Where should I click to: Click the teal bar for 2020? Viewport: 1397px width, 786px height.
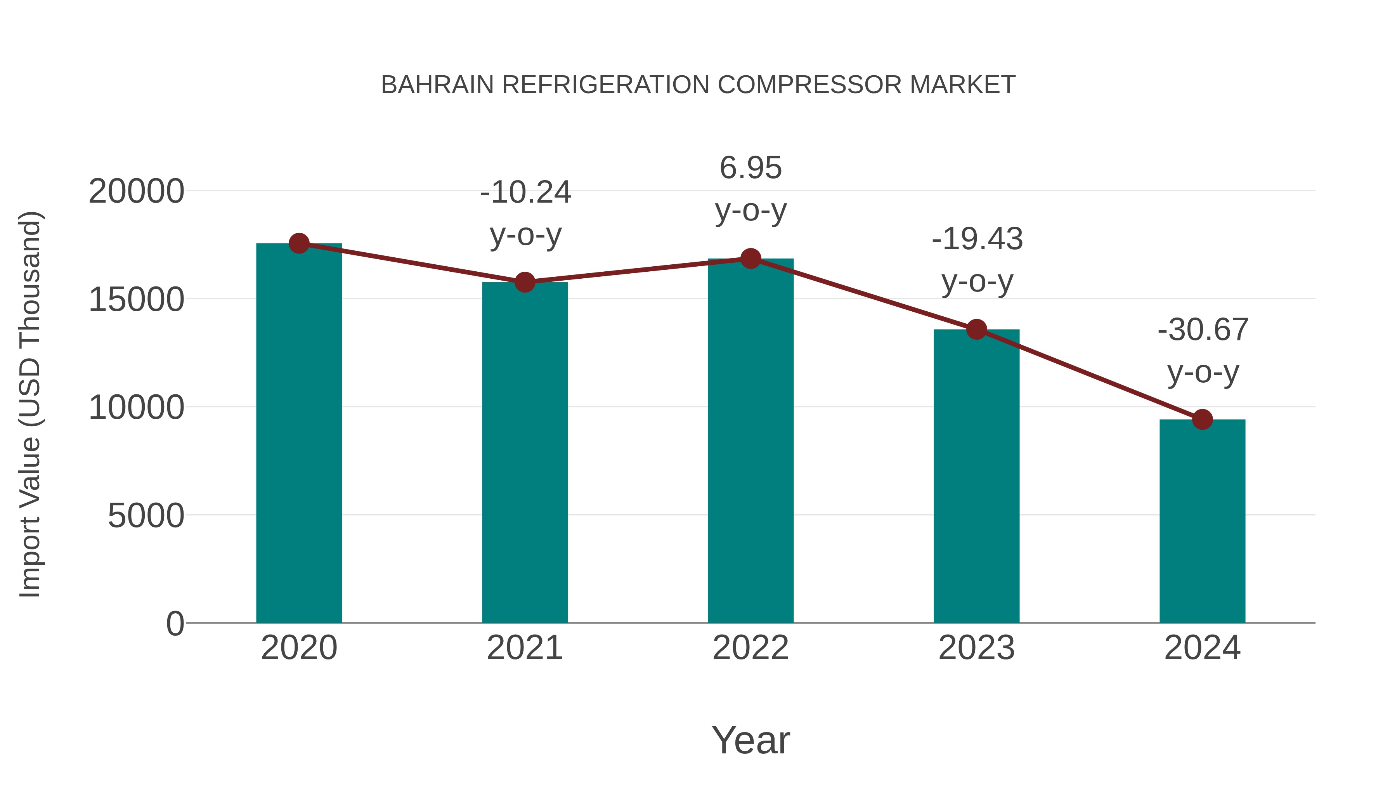pyautogui.click(x=299, y=434)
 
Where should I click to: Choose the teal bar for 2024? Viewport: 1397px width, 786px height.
pyautogui.click(x=1202, y=521)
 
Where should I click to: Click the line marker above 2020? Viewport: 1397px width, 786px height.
pyautogui.click(x=299, y=243)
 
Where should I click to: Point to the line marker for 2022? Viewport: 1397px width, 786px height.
pyautogui.click(x=750, y=259)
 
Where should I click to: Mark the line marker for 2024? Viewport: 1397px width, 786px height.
pyautogui.click(x=1202, y=419)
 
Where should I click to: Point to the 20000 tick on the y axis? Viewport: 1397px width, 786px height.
pyautogui.click(x=136, y=191)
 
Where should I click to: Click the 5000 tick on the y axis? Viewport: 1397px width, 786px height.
pyautogui.click(x=146, y=515)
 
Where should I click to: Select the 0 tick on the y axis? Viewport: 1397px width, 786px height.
pyautogui.click(x=175, y=623)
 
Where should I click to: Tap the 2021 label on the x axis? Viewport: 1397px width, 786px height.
pyautogui.click(x=524, y=648)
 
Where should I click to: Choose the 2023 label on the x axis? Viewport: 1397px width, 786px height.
pyautogui.click(x=976, y=648)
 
